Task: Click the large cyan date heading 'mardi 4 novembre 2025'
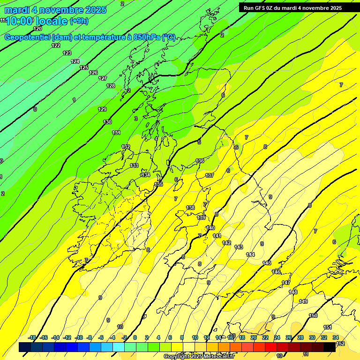[55, 10]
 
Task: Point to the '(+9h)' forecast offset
[79, 21]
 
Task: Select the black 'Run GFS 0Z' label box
[292, 7]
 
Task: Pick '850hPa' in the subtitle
[146, 37]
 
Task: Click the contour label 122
[56, 45]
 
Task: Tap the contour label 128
[111, 86]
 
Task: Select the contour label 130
[107, 122]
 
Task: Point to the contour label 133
[134, 165]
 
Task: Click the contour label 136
[200, 161]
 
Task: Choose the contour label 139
[201, 217]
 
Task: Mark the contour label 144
[250, 255]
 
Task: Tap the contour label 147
[286, 283]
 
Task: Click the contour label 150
[313, 315]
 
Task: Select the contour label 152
[341, 344]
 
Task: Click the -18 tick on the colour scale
[32, 337]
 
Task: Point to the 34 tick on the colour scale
[336, 337]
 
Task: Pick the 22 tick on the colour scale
[265, 337]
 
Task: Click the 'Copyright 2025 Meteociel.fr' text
[198, 356]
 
